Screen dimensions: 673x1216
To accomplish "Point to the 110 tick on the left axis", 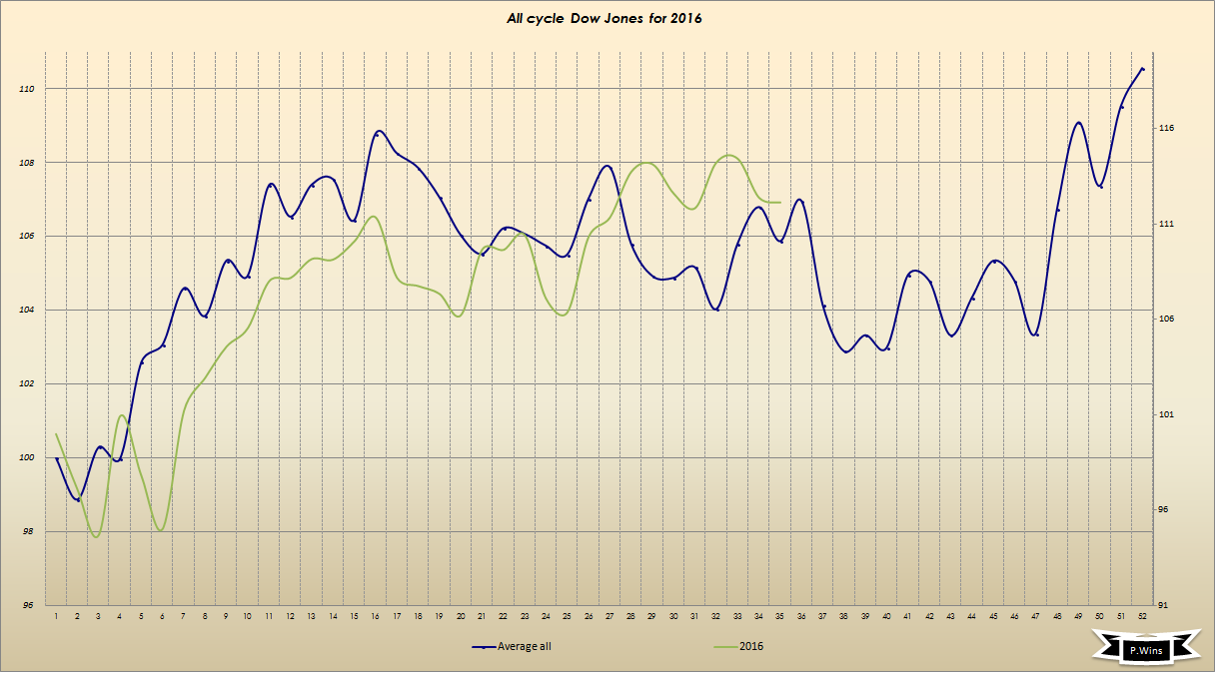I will point(27,89).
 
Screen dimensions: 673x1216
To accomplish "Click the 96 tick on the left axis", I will point(27,605).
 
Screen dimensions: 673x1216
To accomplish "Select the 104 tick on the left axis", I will point(27,310).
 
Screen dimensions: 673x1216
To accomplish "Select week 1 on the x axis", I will point(57,617).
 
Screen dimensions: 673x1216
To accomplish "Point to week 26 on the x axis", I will point(589,617).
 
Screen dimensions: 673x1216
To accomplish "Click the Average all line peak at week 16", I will point(378,132).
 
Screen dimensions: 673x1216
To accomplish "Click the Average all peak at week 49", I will point(1079,123).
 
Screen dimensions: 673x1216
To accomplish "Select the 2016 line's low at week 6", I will point(161,529).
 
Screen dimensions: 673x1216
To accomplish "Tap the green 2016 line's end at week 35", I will point(779,202).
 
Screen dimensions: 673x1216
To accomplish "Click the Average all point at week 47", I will point(1036,334).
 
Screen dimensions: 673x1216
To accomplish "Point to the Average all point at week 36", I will point(799,200).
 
